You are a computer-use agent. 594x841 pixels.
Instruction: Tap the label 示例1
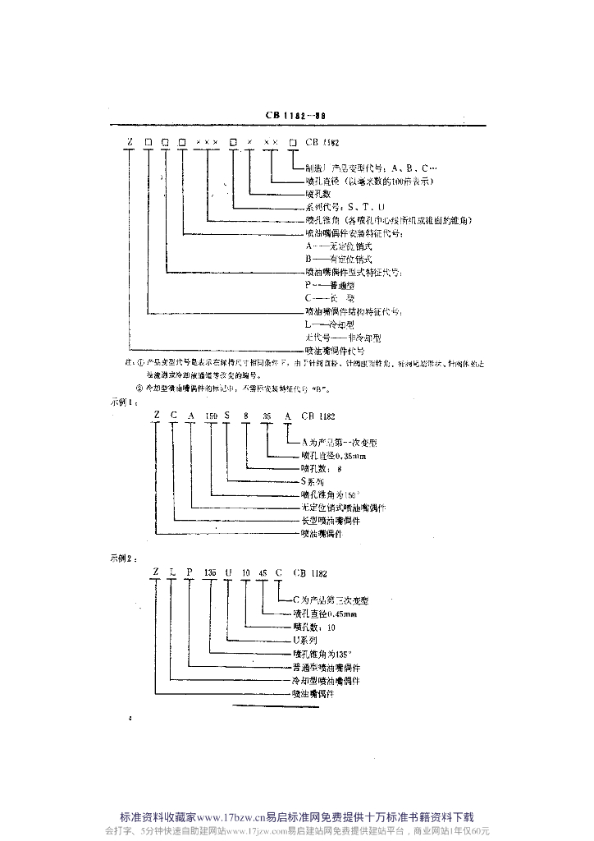pos(121,403)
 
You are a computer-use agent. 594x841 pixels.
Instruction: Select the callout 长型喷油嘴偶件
pos(331,521)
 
